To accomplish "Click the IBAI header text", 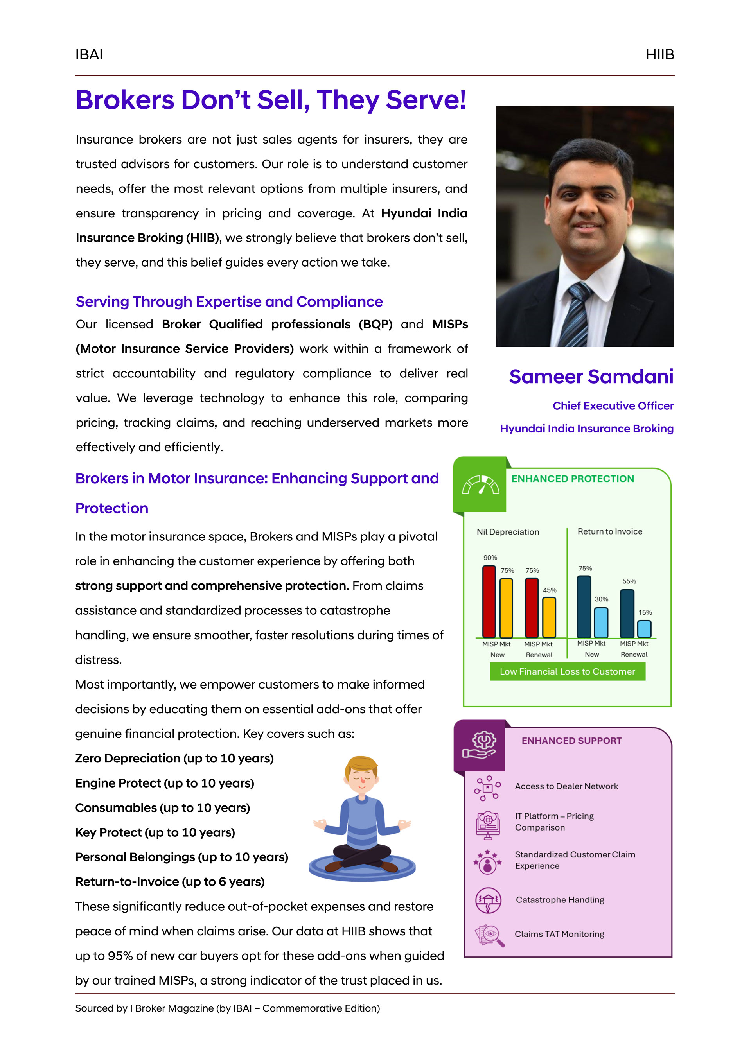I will pyautogui.click(x=89, y=55).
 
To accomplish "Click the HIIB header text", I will pyautogui.click(x=659, y=55).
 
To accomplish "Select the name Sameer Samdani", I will pyautogui.click(x=591, y=377).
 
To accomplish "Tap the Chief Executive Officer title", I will pyautogui.click(x=613, y=405).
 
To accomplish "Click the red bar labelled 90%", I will pyautogui.click(x=489, y=601).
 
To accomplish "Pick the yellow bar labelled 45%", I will pyautogui.click(x=549, y=617).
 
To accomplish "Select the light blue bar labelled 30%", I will pyautogui.click(x=601, y=622).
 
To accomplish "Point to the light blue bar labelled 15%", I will pyautogui.click(x=644, y=629).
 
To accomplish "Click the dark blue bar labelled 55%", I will pyautogui.click(x=627, y=614).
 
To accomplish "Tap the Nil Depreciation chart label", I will pyautogui.click(x=508, y=532).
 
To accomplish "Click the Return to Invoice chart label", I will pyautogui.click(x=610, y=531).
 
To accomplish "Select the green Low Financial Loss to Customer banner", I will pyautogui.click(x=567, y=672).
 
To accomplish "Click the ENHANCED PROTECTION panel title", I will pyautogui.click(x=572, y=479).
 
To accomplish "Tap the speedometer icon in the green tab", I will pyautogui.click(x=481, y=485).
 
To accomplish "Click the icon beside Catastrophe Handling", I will pyautogui.click(x=488, y=900).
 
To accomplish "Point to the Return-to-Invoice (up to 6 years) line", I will pyautogui.click(x=170, y=882).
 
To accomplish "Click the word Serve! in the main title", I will pyautogui.click(x=426, y=100).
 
